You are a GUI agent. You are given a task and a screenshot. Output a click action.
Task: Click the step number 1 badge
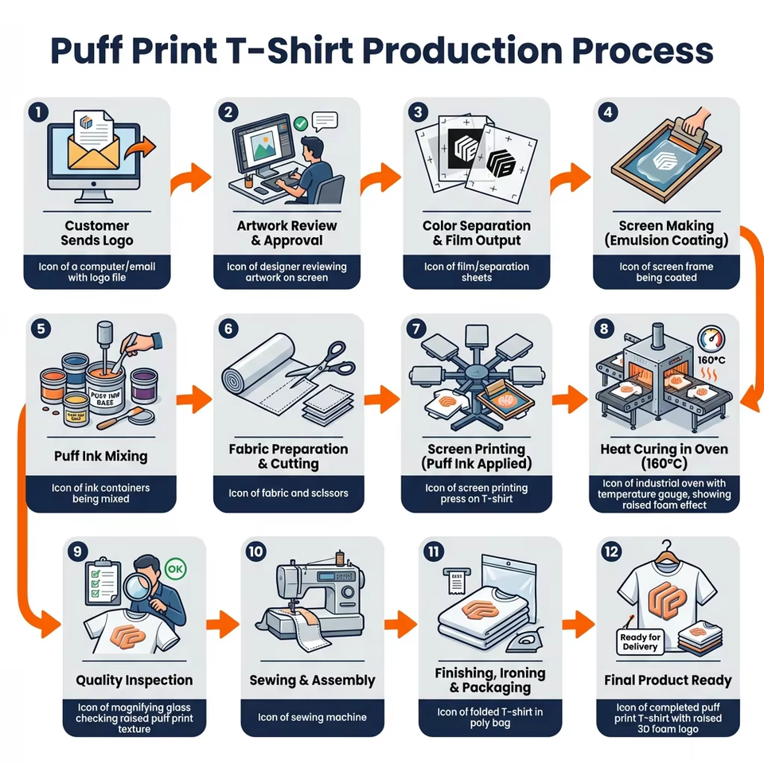click(37, 112)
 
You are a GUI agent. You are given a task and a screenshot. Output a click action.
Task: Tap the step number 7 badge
click(414, 328)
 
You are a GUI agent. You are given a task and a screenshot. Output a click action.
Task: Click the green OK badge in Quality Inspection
click(176, 571)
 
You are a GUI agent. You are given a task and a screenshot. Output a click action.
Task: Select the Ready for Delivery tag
click(641, 641)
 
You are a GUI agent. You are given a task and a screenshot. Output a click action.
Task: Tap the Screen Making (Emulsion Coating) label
click(666, 233)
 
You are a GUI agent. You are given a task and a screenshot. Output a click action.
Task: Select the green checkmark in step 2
click(300, 124)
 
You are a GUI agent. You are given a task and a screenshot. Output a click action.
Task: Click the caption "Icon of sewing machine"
click(312, 717)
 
